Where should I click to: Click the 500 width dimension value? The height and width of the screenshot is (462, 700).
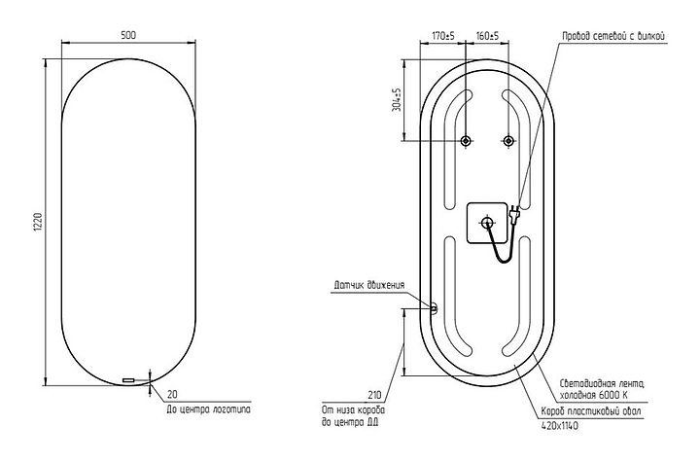coord(128,35)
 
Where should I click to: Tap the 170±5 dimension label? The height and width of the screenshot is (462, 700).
coord(444,36)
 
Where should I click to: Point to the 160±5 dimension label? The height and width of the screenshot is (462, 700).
coord(487,36)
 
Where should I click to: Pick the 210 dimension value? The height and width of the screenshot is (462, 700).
coord(375,397)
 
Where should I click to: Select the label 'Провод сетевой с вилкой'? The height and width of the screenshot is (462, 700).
coord(612,36)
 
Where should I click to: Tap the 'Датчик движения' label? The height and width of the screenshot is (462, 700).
coord(367,285)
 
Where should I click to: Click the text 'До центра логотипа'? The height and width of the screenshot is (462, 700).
coord(207,410)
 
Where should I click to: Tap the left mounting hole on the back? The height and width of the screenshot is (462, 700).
coord(466,142)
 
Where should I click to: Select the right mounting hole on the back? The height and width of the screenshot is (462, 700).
coord(507,142)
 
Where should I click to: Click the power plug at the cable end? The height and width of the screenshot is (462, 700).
coord(512,217)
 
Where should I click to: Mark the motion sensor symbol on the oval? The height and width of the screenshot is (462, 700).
coord(434,309)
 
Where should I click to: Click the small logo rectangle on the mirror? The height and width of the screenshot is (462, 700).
coord(128,379)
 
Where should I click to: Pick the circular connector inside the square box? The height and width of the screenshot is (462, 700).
coord(486,223)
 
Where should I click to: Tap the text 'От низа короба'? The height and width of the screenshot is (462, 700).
coord(352,410)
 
